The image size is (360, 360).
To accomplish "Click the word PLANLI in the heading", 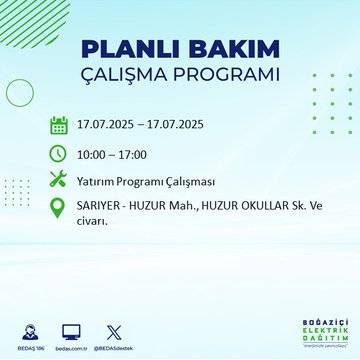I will [123, 50].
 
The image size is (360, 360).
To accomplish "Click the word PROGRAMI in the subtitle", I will [229, 76].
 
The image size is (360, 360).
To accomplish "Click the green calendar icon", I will [59, 125].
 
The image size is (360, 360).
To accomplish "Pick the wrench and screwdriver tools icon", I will [59, 180].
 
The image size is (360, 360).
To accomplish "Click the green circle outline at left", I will [20, 92].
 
